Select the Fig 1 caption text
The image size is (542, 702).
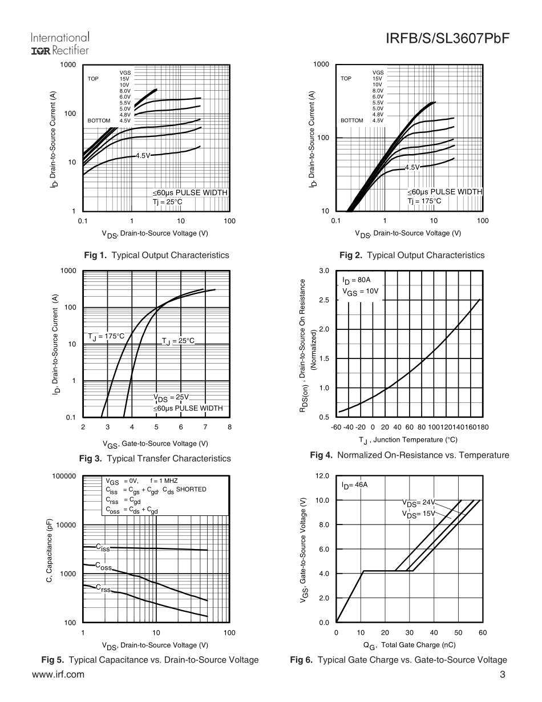click(x=157, y=255)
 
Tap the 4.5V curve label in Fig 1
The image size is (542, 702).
click(x=142, y=155)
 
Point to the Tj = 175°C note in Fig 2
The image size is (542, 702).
click(x=424, y=201)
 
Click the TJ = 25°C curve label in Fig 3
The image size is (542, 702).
click(x=178, y=341)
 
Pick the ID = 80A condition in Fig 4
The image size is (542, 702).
click(x=357, y=281)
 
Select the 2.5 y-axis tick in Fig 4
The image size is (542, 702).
click(x=323, y=300)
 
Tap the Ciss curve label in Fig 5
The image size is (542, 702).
click(x=102, y=547)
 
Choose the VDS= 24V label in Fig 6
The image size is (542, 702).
click(x=418, y=503)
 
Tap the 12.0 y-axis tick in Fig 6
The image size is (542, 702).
click(x=322, y=476)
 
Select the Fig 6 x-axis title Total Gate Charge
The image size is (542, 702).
click(x=409, y=645)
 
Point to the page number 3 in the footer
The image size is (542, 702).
click(x=503, y=674)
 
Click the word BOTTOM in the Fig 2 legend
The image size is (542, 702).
click(x=352, y=120)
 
